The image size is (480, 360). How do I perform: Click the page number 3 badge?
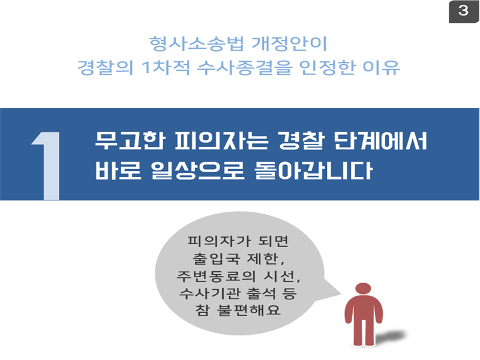(x=463, y=11)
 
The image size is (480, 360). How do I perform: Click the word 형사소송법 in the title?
(x=197, y=43)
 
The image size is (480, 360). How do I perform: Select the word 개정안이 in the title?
(x=289, y=43)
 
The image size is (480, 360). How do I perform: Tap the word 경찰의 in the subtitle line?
(x=106, y=67)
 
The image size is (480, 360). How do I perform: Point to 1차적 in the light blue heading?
(x=166, y=67)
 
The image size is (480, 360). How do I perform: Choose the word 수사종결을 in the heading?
(x=244, y=67)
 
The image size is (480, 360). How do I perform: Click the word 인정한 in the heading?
(x=327, y=67)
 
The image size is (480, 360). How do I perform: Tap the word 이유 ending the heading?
(x=382, y=67)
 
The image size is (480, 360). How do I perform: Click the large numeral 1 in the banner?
(x=47, y=166)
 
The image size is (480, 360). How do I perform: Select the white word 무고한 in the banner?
(x=130, y=141)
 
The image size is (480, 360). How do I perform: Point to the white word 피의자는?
(x=221, y=141)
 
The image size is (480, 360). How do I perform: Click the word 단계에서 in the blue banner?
(x=380, y=141)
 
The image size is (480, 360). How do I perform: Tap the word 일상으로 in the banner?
(x=198, y=170)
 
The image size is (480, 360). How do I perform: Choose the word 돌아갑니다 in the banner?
(x=313, y=170)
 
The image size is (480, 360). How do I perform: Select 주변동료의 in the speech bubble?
(x=216, y=276)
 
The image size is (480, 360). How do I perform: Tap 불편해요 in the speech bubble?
(x=248, y=310)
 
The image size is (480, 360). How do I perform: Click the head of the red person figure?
(x=364, y=289)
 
